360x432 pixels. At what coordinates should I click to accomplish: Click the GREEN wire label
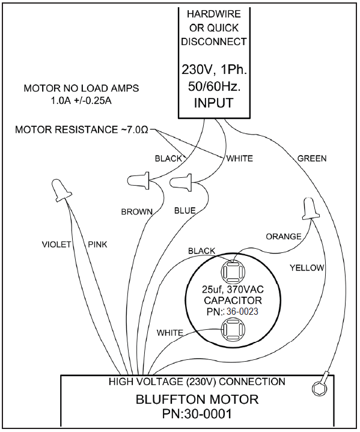(x=312, y=159)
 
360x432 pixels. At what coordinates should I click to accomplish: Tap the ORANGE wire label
(x=283, y=236)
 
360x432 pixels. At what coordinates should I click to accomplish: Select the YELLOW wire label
(x=307, y=268)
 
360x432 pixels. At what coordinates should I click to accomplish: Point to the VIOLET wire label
(x=56, y=245)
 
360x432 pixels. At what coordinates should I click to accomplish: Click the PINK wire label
(x=97, y=245)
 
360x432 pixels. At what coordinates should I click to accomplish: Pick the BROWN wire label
(x=137, y=211)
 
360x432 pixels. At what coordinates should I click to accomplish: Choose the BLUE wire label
(x=185, y=211)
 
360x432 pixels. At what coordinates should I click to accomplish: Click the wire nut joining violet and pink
(x=61, y=189)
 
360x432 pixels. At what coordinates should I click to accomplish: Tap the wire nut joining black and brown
(x=138, y=180)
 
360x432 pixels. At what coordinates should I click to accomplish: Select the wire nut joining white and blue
(x=181, y=182)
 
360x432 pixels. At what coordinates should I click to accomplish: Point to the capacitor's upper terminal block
(x=233, y=272)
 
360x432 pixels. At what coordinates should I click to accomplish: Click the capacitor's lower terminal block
(x=233, y=329)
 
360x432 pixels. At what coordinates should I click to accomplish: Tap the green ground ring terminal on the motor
(x=320, y=385)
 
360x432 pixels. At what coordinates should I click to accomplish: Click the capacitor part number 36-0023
(x=242, y=312)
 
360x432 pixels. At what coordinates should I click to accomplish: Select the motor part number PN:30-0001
(x=197, y=414)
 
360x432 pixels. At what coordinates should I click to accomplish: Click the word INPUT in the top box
(x=214, y=103)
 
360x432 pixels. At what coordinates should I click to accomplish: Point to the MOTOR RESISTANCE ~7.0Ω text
(x=82, y=130)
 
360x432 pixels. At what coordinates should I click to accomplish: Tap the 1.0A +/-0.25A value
(x=81, y=101)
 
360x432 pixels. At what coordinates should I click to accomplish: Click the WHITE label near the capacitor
(x=170, y=333)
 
